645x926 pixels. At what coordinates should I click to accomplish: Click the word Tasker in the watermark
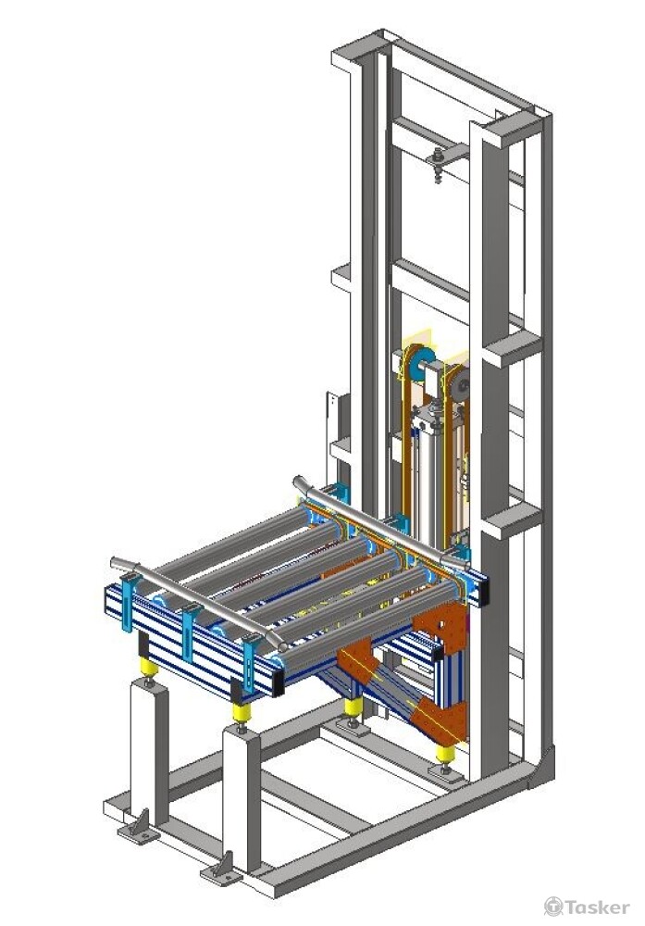(x=597, y=907)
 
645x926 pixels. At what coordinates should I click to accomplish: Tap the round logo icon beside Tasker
(x=553, y=907)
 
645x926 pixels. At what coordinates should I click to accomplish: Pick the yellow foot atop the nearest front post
(x=241, y=712)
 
